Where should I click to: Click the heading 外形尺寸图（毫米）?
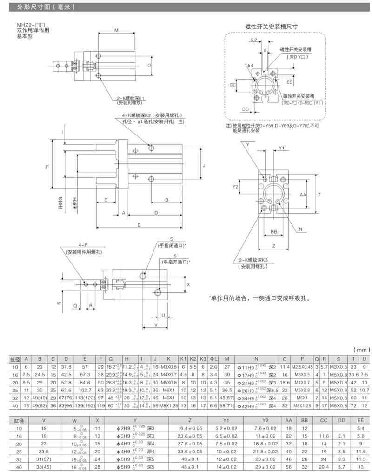[x=45, y=7]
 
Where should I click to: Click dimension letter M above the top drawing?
[x=116, y=29]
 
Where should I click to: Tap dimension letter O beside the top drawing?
[x=149, y=65]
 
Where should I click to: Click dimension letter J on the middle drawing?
[x=204, y=165]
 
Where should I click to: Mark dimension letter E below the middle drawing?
[x=139, y=225]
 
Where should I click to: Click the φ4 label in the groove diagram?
[x=252, y=65]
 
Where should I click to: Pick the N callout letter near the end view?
[x=300, y=229]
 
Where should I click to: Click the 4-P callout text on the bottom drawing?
[x=83, y=244]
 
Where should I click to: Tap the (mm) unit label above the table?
[x=361, y=349]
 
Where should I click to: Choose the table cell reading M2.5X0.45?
[x=302, y=367]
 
